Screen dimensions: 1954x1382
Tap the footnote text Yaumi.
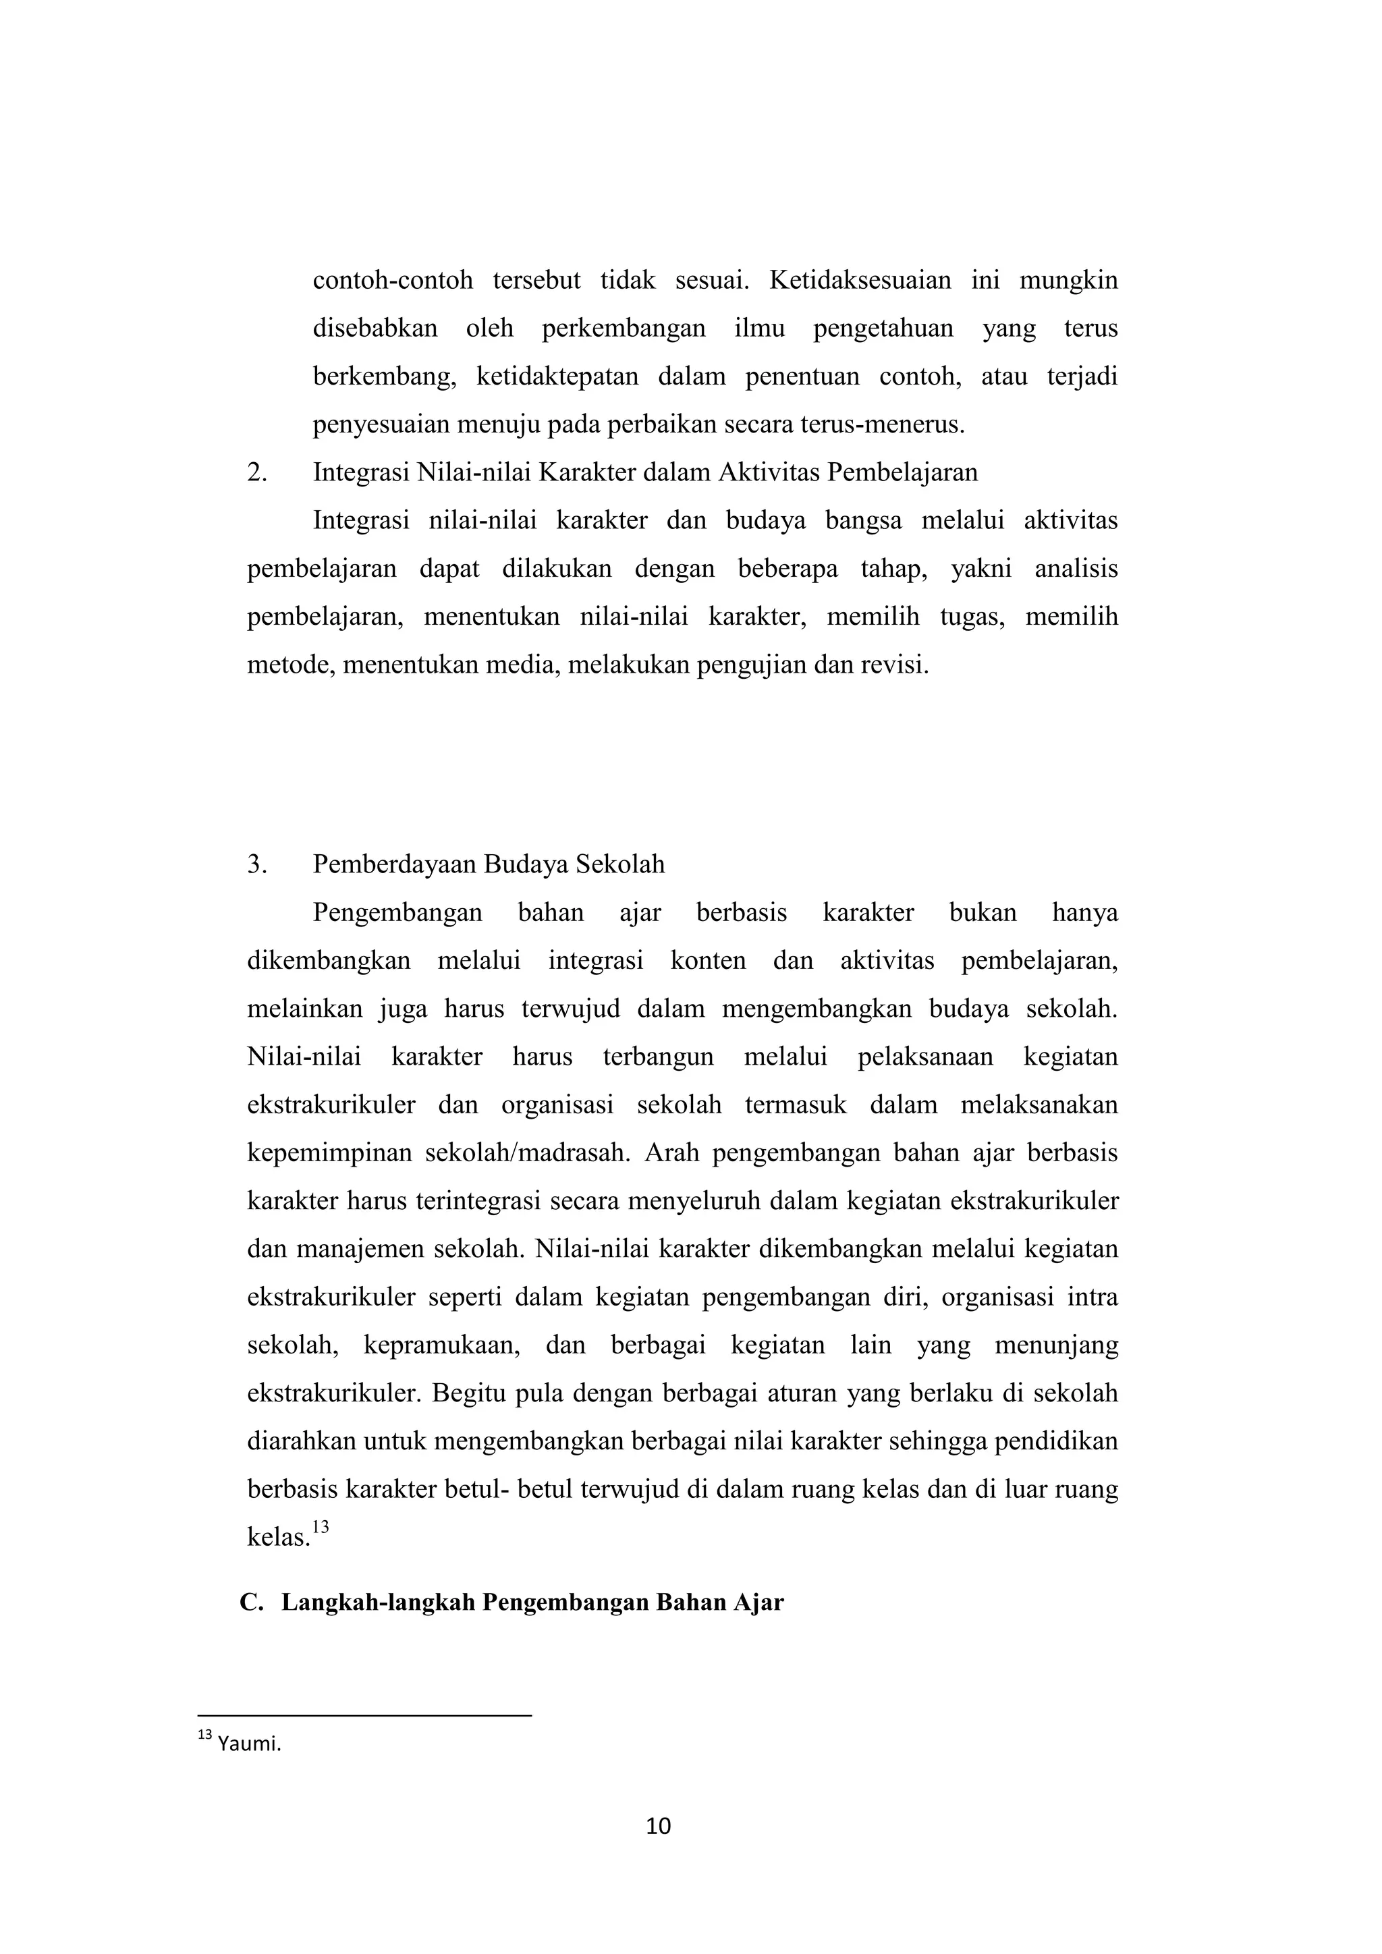(248, 1743)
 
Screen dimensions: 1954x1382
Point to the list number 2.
(257, 472)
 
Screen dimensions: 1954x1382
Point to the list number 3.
(257, 865)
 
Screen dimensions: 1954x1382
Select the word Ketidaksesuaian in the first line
(860, 280)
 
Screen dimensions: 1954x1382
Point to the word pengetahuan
(883, 329)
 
